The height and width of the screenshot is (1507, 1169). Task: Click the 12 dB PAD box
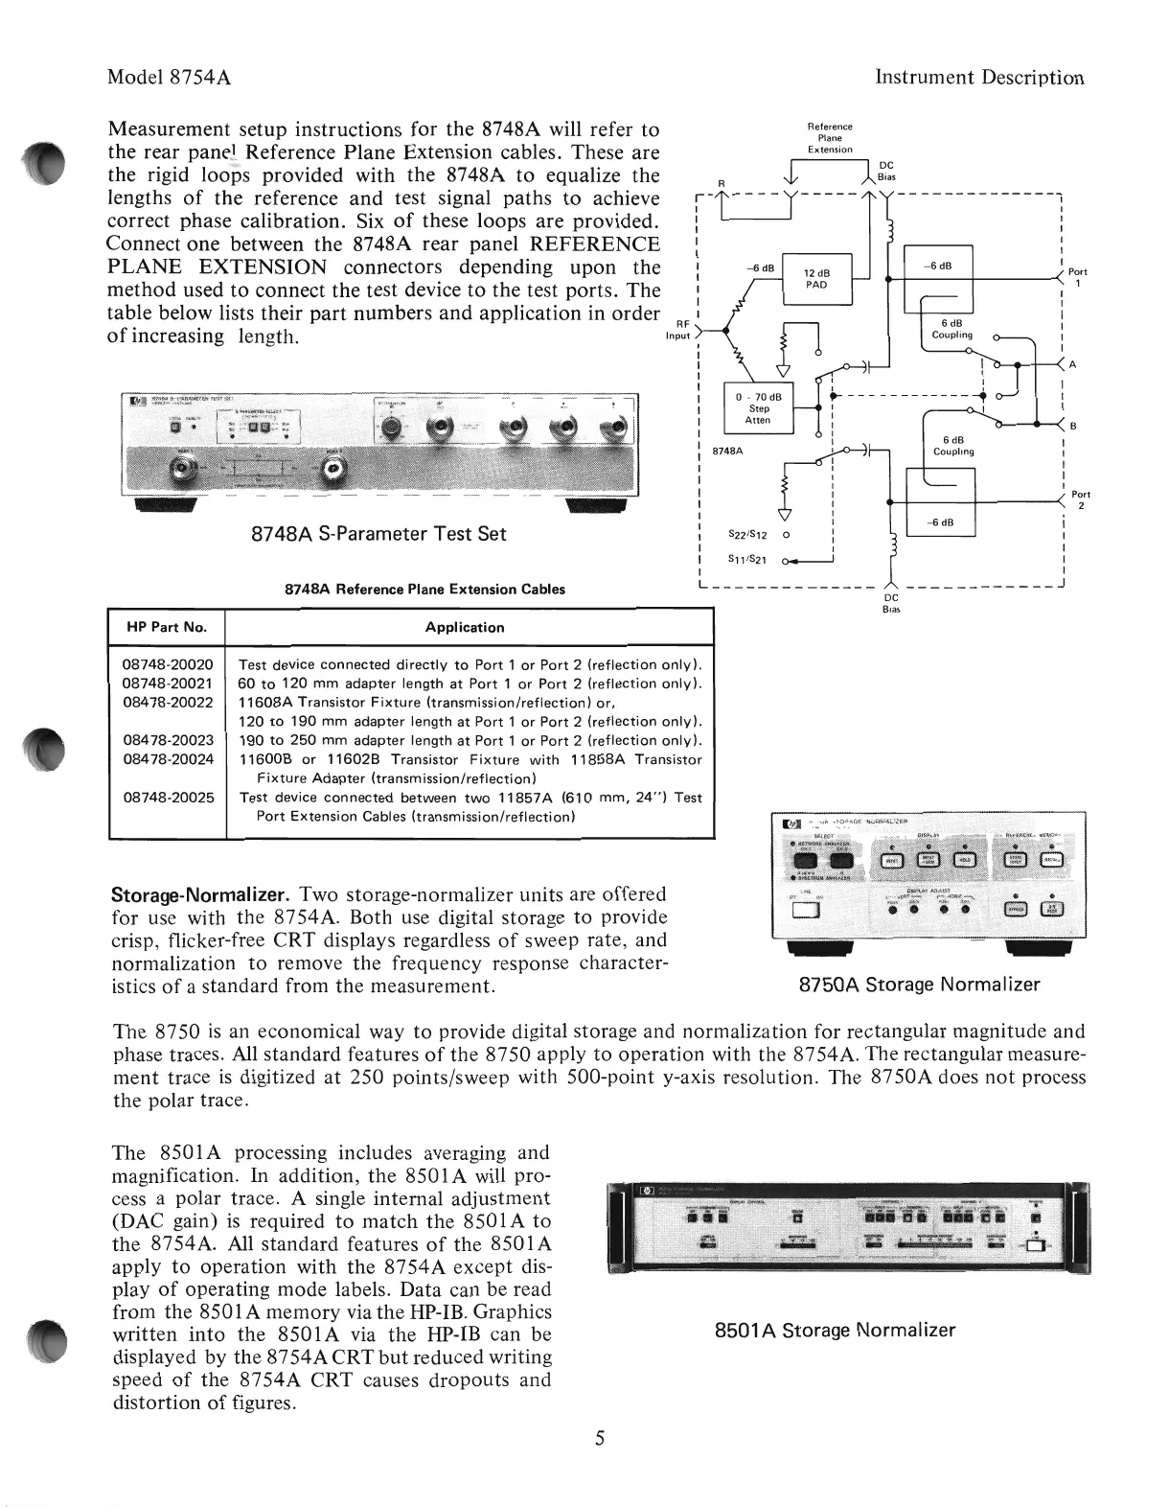(x=816, y=279)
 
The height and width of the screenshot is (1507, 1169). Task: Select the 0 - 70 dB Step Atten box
(x=758, y=408)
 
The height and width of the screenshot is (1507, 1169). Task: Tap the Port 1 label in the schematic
(x=1077, y=277)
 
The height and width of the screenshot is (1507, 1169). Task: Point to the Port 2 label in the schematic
(x=1080, y=500)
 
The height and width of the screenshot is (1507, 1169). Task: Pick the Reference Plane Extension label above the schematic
(x=829, y=138)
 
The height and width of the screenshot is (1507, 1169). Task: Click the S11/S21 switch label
(x=747, y=560)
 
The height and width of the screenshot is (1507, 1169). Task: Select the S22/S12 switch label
(x=747, y=534)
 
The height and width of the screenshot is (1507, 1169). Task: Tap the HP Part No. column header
(x=167, y=627)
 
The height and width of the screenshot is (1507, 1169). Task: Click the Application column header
(x=465, y=627)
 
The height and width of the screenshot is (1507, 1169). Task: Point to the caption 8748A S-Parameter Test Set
(x=378, y=534)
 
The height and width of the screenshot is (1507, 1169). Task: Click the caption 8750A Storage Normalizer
(x=920, y=985)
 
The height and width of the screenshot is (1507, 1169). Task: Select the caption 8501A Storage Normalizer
(x=835, y=1330)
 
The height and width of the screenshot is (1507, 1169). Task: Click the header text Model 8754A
(x=170, y=78)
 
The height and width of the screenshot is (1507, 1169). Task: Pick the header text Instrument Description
(x=980, y=78)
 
